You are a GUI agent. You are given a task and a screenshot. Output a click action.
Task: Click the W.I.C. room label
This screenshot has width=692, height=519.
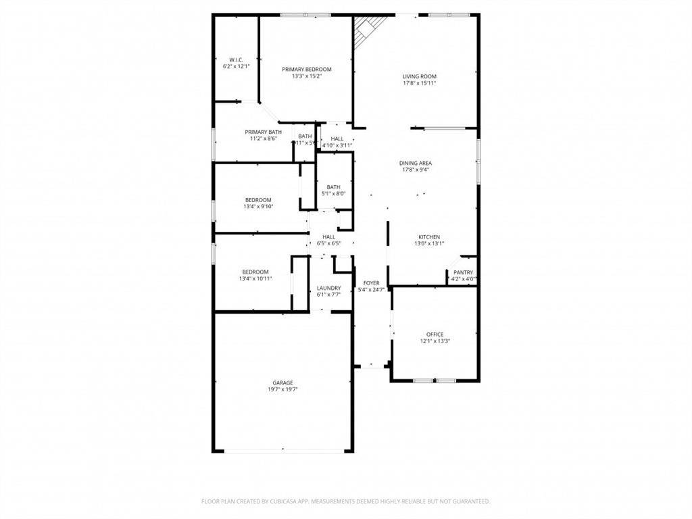[x=236, y=59]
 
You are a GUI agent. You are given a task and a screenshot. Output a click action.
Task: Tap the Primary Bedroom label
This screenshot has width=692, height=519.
[x=306, y=69]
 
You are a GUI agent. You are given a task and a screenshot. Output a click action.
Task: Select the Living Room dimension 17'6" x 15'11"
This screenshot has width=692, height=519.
[x=419, y=83]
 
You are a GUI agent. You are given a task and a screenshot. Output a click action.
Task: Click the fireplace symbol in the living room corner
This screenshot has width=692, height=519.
[x=370, y=28]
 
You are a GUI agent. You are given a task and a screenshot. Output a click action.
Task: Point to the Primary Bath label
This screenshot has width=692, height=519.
[x=263, y=132]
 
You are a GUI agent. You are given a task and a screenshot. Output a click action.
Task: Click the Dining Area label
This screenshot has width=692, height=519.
[x=415, y=163]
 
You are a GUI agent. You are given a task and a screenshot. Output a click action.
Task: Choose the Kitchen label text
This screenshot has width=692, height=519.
[x=429, y=237]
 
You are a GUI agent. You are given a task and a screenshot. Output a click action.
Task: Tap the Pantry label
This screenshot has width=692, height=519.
[x=463, y=272]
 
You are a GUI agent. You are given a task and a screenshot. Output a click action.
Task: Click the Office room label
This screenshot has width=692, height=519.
[x=435, y=335]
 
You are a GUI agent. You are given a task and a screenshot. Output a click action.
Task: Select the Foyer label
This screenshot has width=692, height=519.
[x=371, y=283]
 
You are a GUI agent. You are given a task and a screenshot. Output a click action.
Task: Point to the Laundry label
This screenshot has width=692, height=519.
[x=328, y=288]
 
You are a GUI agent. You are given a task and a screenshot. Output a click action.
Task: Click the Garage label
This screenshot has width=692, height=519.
[x=282, y=382]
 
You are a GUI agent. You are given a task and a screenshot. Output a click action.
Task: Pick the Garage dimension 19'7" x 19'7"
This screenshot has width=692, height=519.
[x=282, y=389]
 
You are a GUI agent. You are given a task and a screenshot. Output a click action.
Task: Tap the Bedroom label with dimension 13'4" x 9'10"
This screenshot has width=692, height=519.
[x=258, y=199]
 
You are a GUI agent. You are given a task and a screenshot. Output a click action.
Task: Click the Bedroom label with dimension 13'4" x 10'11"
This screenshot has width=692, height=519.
[x=255, y=272]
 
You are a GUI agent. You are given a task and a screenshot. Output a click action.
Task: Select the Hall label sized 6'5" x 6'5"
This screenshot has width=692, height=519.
[x=328, y=237]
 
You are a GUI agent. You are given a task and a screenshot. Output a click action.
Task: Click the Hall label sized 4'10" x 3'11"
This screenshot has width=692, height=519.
[x=337, y=139]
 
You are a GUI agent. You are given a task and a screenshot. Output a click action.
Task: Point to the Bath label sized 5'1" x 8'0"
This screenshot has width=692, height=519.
[x=333, y=187]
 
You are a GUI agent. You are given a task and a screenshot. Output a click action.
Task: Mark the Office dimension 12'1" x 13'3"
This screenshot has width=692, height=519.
[x=435, y=341]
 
